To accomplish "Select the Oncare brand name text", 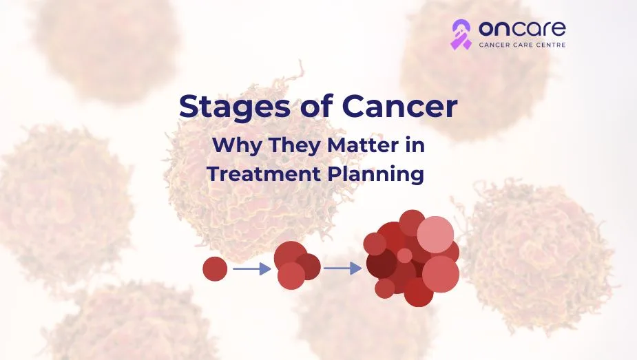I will (x=521, y=28).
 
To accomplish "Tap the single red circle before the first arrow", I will (x=215, y=268).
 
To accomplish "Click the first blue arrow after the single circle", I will (x=251, y=268).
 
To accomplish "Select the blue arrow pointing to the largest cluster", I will (x=342, y=268).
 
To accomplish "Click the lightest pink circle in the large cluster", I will (x=435, y=234).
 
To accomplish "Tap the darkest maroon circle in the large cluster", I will (x=381, y=263).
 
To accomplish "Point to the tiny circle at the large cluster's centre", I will (x=405, y=255).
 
